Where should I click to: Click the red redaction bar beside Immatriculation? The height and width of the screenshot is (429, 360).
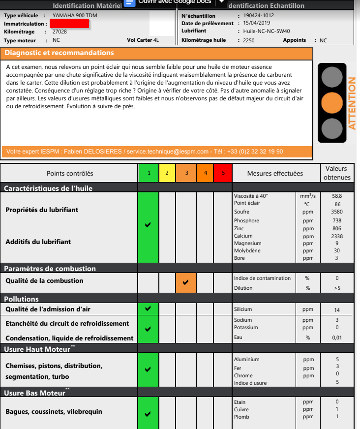tap(69, 23)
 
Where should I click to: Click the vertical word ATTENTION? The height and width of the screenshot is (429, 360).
tap(352, 103)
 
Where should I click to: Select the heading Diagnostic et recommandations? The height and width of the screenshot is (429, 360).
tap(59, 53)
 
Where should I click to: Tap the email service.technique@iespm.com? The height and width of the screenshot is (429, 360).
tap(168, 152)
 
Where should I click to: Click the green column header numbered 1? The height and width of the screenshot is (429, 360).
tap(148, 173)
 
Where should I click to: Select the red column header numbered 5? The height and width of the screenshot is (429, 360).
tap(223, 173)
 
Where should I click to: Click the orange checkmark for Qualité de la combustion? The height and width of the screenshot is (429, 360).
tap(185, 282)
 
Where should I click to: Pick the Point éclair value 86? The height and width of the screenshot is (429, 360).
tap(337, 204)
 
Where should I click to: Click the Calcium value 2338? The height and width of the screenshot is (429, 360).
tap(337, 236)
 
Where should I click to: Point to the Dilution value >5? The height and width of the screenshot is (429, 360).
tap(337, 288)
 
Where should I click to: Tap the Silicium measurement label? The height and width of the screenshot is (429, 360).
tap(243, 309)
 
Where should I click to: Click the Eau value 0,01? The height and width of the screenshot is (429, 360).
tap(337, 337)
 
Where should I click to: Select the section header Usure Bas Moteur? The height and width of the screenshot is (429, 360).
tap(35, 393)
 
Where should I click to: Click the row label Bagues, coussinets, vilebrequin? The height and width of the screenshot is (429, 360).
tap(54, 411)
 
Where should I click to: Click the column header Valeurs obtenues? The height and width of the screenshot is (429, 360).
tap(337, 173)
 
